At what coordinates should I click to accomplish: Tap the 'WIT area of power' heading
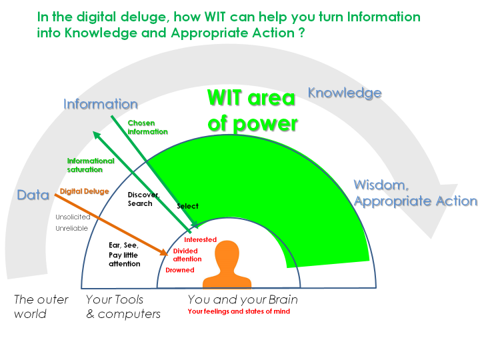click(251, 111)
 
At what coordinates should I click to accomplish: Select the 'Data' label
click(33, 195)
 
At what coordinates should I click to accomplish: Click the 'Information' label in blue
click(101, 104)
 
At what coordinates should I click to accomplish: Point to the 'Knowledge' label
click(345, 93)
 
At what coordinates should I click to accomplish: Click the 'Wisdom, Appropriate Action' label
click(415, 193)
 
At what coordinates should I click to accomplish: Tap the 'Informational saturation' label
click(91, 165)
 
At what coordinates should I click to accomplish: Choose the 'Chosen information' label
click(147, 127)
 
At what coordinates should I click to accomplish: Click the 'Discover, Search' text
click(143, 199)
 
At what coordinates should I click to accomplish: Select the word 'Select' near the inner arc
click(187, 206)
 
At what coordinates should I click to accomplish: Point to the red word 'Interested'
click(200, 239)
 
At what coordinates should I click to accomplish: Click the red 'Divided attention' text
click(187, 255)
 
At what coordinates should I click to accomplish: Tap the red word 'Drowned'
click(180, 270)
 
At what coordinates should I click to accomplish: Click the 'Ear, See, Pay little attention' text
click(125, 254)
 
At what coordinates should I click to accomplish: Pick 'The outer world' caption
click(41, 306)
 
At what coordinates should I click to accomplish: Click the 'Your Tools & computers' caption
click(123, 306)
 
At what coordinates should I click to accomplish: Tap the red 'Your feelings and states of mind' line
click(239, 311)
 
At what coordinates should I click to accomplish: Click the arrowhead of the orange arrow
click(163, 253)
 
